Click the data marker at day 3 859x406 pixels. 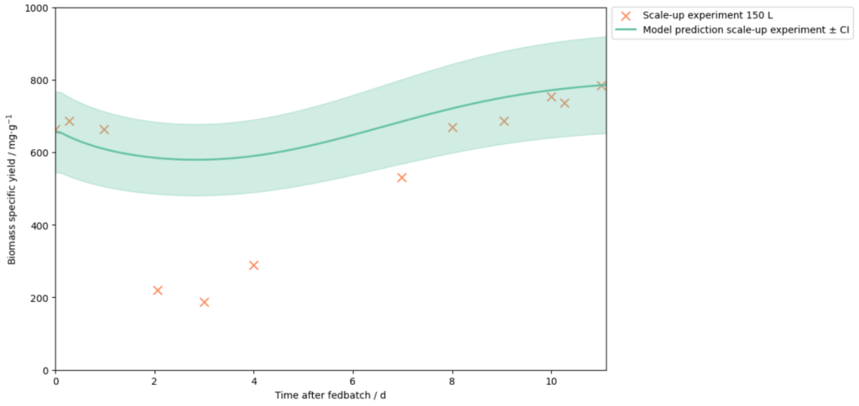tap(204, 302)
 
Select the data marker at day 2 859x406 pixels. tap(158, 290)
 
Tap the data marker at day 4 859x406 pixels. tap(253, 265)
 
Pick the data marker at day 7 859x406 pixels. tap(402, 178)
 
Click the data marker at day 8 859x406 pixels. tap(452, 128)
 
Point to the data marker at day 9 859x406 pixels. tap(504, 121)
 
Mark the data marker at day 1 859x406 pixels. tap(104, 129)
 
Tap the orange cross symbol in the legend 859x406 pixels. tap(625, 15)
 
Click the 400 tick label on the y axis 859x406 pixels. tap(39, 226)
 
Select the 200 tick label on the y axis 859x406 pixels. tap(39, 298)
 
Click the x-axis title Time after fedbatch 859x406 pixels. tap(330, 395)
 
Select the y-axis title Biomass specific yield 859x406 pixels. tap(12, 189)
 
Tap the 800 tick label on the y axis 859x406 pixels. tap(39, 81)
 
